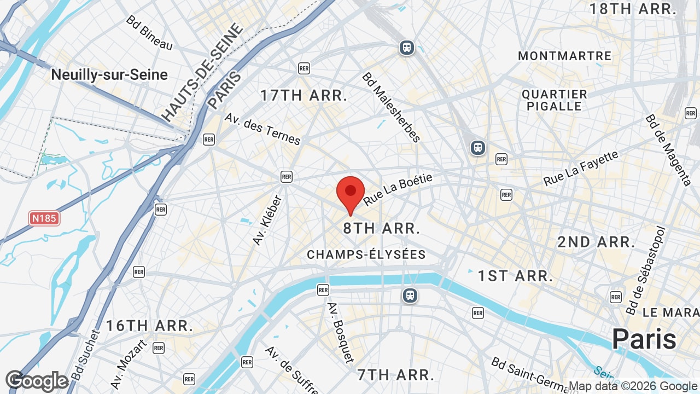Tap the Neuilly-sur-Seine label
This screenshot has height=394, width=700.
click(109, 75)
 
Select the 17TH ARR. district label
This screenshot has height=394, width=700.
click(304, 95)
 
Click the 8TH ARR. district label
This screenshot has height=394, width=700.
click(382, 229)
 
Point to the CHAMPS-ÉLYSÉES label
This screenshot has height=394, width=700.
click(366, 254)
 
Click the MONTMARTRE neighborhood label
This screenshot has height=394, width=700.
click(565, 56)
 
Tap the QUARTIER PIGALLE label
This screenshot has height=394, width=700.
click(555, 100)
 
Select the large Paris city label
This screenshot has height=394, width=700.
click(644, 339)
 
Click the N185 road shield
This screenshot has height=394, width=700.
click(44, 219)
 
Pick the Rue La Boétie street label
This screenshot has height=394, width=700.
click(398, 190)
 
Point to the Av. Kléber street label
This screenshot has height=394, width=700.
click(267, 220)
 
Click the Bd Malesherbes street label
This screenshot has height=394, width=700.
click(391, 107)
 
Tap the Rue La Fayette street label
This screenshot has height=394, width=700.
click(580, 168)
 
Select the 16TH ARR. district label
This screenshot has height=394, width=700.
click(149, 326)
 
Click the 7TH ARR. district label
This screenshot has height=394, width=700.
click(395, 375)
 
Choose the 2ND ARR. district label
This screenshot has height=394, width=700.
click(596, 242)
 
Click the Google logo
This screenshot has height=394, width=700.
click(37, 381)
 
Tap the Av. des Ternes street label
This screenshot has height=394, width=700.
click(262, 130)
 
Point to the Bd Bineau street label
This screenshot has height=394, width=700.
click(149, 33)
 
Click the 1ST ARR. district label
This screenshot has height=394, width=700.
click(515, 276)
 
